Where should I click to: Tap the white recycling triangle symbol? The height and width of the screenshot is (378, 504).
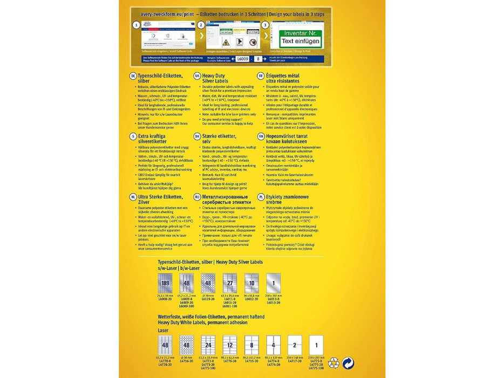333,363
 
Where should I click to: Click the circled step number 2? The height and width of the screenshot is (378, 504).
201,25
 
